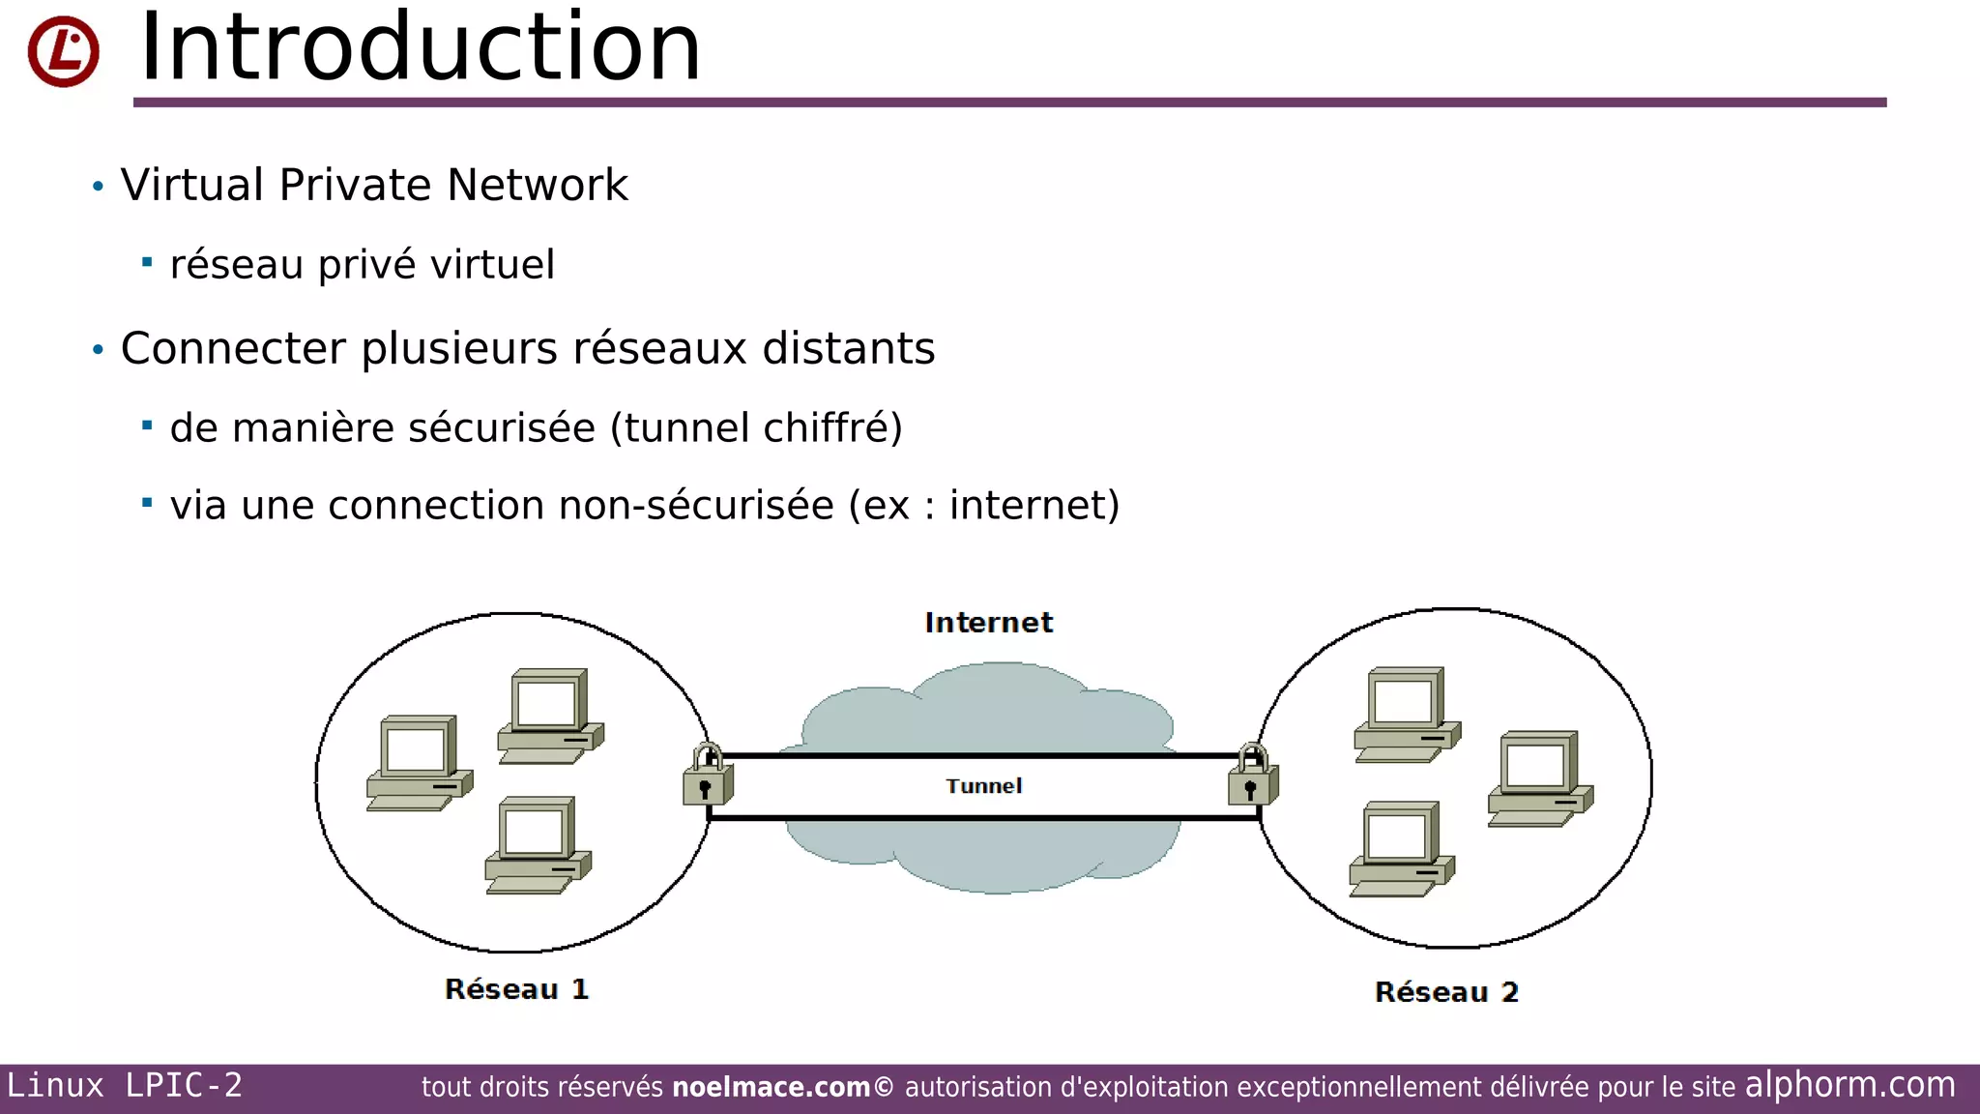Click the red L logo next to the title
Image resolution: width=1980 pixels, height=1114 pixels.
tap(63, 51)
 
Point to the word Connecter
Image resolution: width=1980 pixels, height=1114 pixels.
tap(232, 348)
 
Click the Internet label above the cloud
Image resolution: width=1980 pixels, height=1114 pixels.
tap(988, 623)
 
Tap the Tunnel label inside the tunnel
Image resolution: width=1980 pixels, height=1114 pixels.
tap(983, 786)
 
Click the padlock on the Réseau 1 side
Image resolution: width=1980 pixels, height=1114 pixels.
tap(708, 776)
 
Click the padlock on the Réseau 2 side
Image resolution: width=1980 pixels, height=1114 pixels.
tap(1253, 776)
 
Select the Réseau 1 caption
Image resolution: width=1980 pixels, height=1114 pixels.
tap(516, 989)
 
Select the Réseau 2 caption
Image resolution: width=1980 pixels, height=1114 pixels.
tap(1446, 992)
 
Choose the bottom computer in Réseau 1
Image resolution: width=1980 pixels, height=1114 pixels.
tap(538, 845)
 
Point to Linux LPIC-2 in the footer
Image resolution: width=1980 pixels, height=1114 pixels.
tap(125, 1086)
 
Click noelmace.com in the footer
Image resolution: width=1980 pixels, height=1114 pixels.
tap(771, 1088)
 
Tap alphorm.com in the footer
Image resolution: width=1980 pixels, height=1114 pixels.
tap(1849, 1085)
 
